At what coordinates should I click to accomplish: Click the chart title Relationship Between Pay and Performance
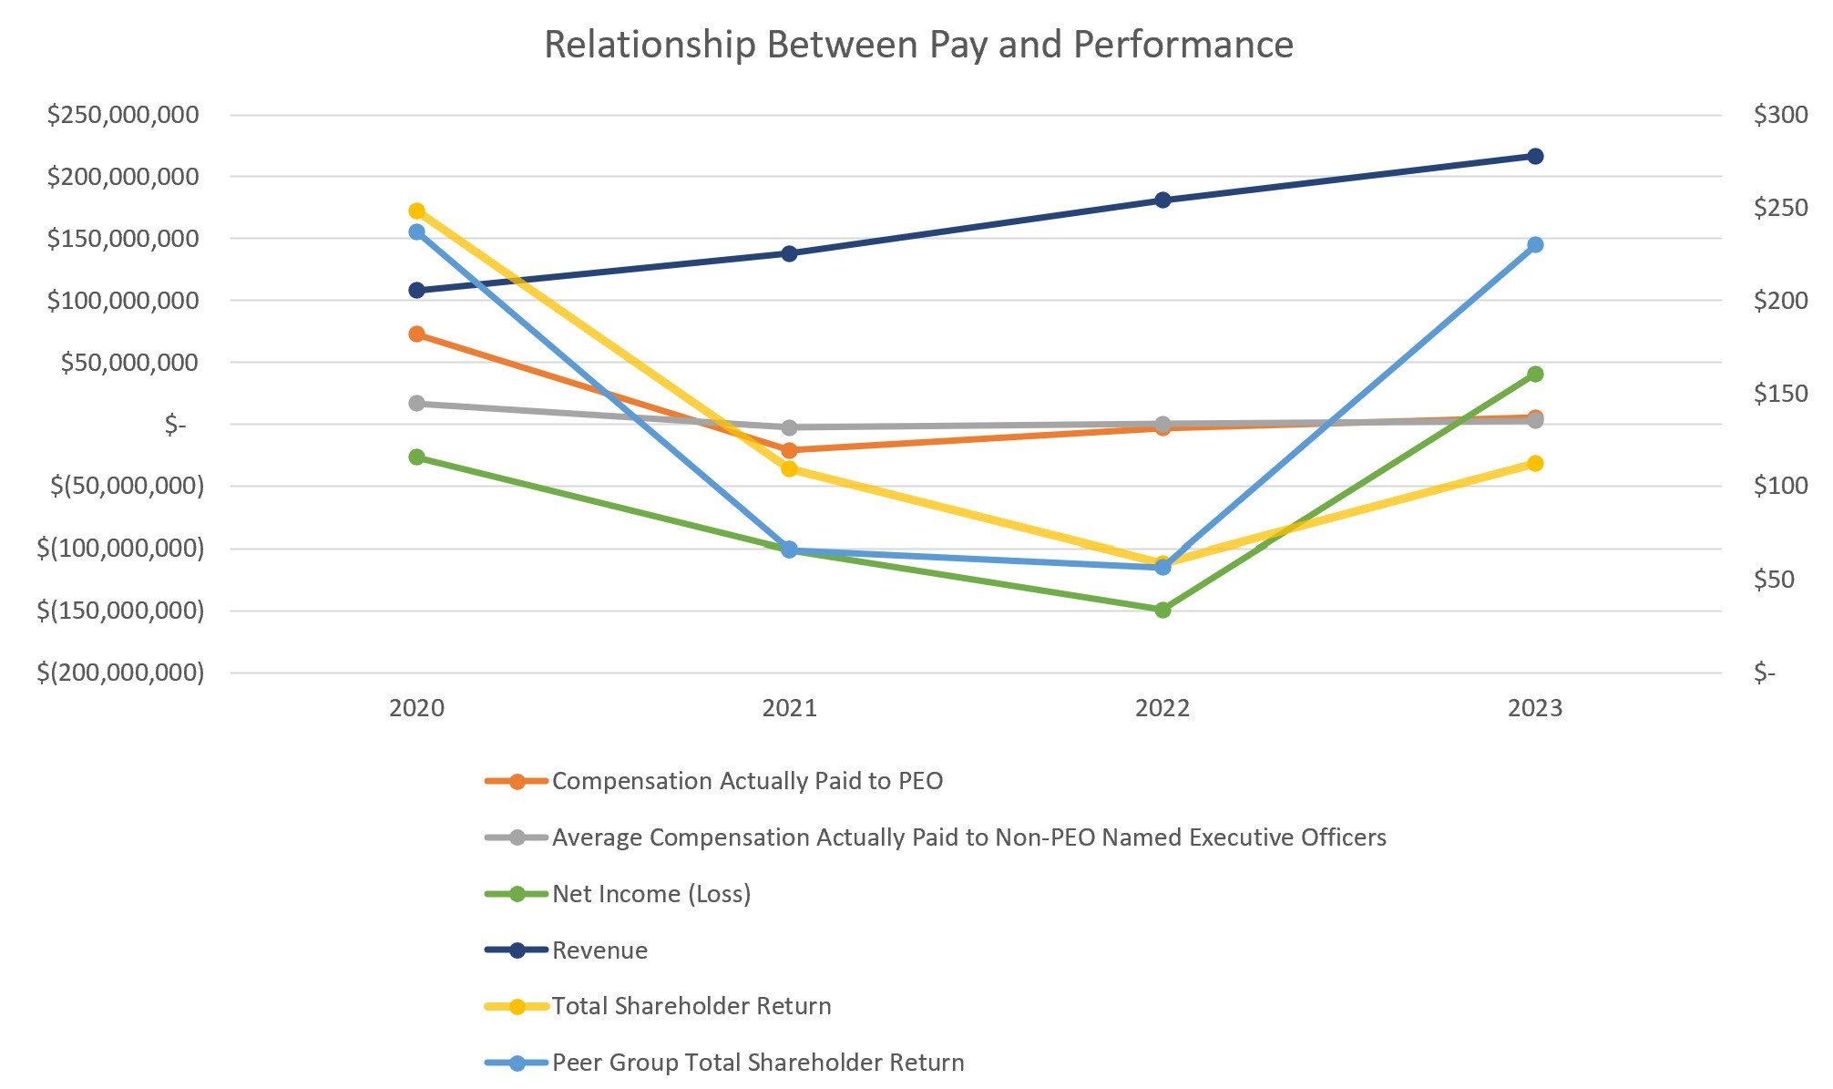point(918,45)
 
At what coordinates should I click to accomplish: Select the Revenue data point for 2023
point(1535,156)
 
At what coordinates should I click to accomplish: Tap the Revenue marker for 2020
point(416,290)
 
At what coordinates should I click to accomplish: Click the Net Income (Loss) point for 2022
point(1162,610)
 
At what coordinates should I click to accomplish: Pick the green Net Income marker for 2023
point(1535,374)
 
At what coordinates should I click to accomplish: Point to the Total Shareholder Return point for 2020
point(416,211)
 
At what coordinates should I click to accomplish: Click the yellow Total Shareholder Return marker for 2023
point(1535,463)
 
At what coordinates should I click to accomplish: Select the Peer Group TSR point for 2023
point(1535,244)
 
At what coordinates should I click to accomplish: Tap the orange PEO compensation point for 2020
point(416,334)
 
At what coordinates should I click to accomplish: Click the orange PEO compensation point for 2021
point(789,449)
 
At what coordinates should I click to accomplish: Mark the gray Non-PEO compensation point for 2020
point(416,403)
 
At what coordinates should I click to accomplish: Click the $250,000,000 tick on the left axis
point(123,115)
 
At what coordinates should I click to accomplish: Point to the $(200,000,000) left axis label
point(120,673)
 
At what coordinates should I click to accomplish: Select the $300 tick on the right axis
point(1780,115)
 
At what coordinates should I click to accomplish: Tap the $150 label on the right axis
point(1780,394)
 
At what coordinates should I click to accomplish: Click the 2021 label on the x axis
point(789,708)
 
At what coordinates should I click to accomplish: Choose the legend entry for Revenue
point(599,950)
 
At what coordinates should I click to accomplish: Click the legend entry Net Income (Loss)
point(650,894)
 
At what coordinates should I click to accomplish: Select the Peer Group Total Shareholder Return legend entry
point(757,1063)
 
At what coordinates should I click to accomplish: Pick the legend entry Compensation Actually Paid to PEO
point(747,781)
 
